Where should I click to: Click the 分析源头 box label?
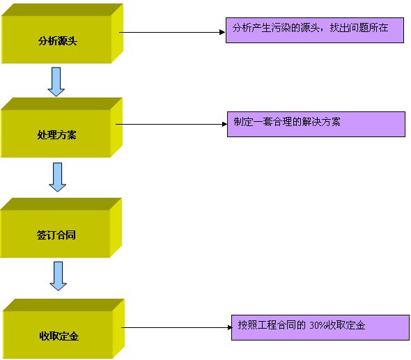tap(58, 41)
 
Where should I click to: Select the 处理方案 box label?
tap(56, 135)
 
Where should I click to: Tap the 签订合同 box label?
tap(56, 235)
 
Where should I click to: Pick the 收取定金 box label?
tap(59, 336)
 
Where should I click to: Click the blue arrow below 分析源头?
tap(56, 81)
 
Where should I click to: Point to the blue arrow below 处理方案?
tap(57, 177)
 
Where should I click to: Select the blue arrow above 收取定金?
tap(59, 276)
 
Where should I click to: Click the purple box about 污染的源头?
tap(315, 30)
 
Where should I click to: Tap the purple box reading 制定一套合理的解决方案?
tap(316, 124)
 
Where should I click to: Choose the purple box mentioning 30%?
tap(320, 327)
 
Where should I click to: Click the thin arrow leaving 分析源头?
tap(172, 32)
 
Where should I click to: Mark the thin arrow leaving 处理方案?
tap(171, 124)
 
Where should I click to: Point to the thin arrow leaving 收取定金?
tap(177, 327)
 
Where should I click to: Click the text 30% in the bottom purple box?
tap(318, 325)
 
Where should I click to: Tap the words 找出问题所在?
tap(359, 28)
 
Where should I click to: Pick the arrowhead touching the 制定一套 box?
tap(224, 124)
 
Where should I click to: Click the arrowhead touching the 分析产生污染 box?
tap(222, 32)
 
